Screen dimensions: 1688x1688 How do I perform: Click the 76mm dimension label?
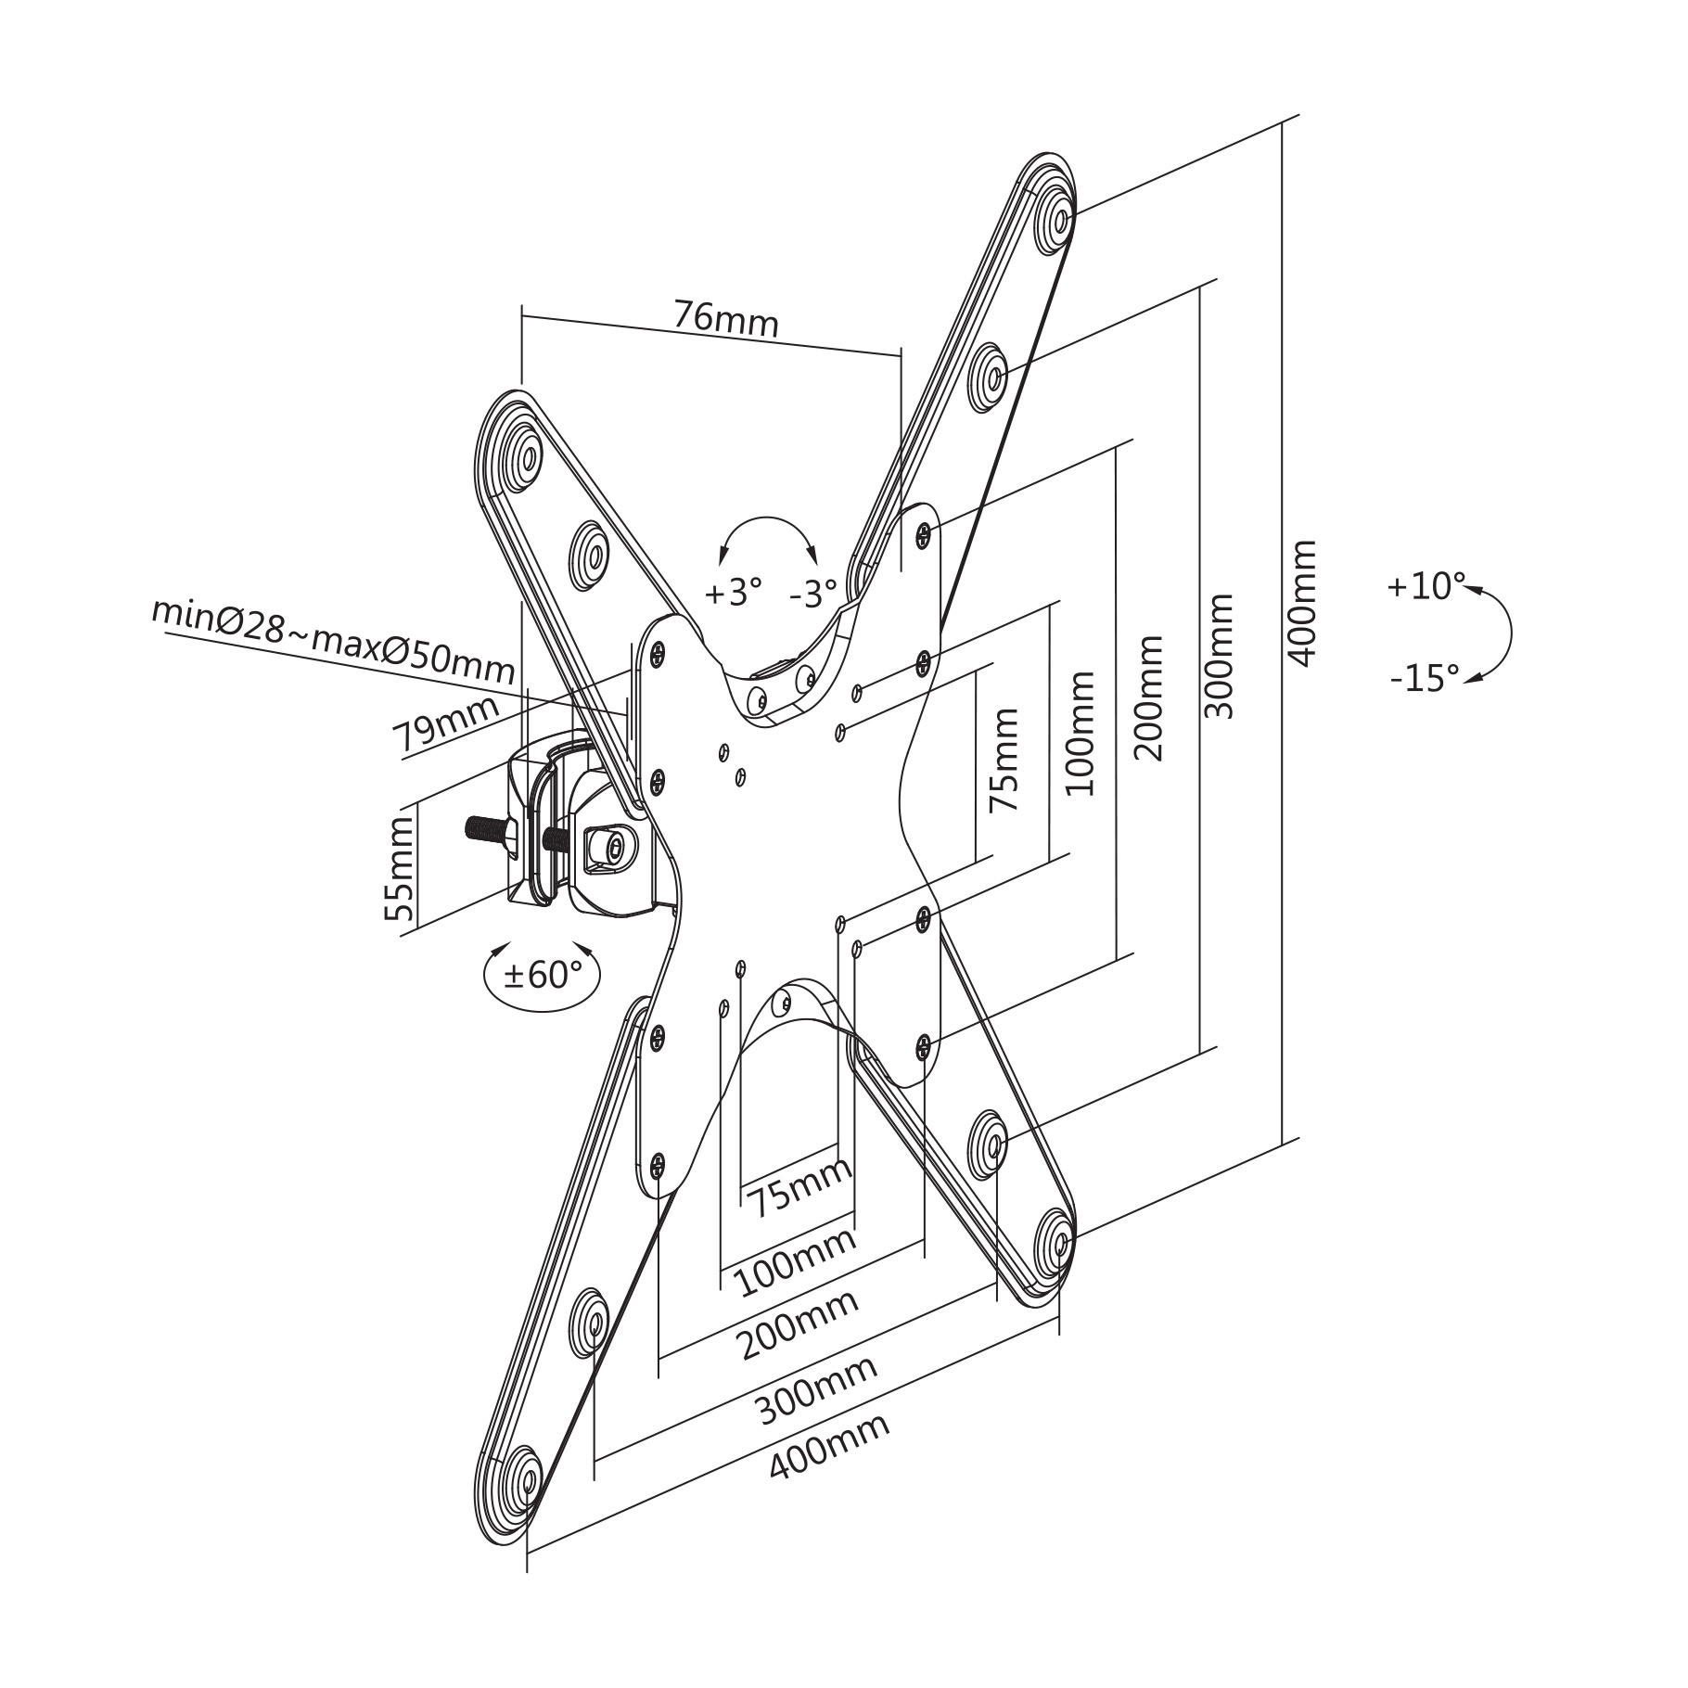click(x=726, y=319)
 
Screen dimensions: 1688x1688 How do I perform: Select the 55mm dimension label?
click(x=400, y=867)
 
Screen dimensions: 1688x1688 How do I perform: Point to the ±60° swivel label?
click(x=543, y=975)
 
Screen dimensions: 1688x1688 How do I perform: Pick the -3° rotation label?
click(x=813, y=593)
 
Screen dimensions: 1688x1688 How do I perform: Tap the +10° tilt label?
click(x=1426, y=586)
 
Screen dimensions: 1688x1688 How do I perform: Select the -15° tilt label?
click(x=1425, y=679)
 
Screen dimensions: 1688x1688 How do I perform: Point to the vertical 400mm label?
click(x=1303, y=603)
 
